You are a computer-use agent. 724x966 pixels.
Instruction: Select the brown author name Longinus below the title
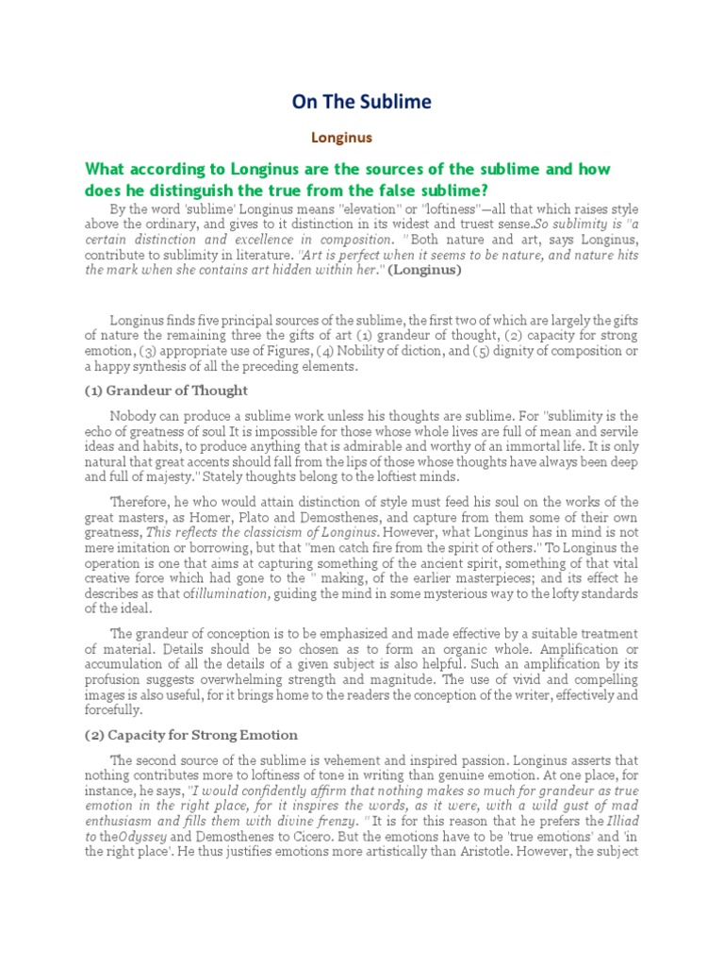[342, 138]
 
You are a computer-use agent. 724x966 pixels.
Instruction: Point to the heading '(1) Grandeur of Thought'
[166, 391]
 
